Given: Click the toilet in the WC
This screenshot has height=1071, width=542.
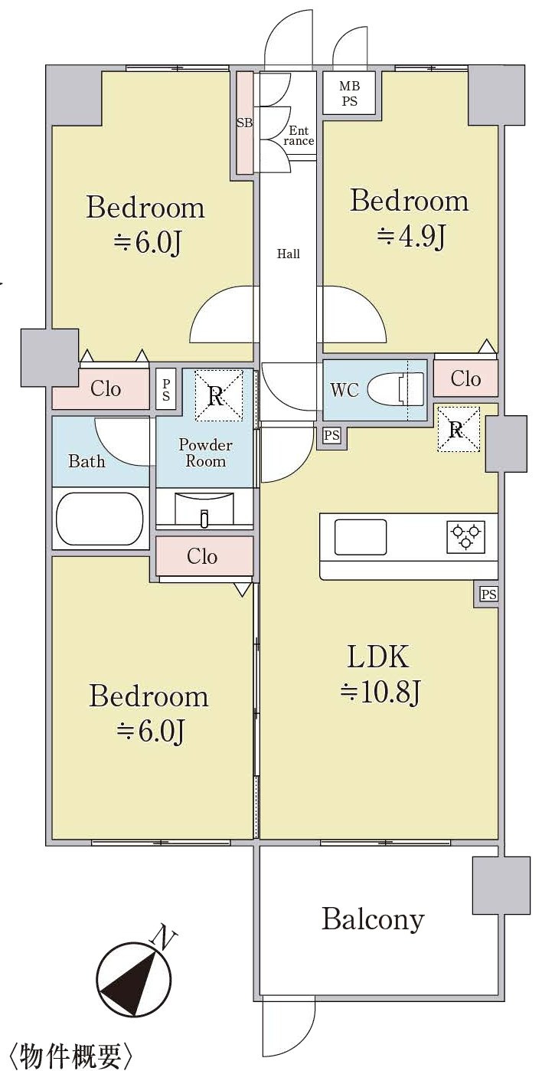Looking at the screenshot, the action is pos(396,388).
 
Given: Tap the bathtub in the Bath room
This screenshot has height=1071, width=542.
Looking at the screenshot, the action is pos(100,519).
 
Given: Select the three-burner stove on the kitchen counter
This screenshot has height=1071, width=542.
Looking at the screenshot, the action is pos(465,535).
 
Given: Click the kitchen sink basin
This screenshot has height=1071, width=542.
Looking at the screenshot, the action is pos(361,536).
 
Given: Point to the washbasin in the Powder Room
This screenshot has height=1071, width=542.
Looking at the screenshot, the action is pos(204,509).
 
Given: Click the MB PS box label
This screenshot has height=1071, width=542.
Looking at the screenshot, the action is pos(349,93).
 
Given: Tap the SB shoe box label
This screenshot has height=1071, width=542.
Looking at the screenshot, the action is pos(245,123).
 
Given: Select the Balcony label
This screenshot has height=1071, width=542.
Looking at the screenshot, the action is pos(373,919).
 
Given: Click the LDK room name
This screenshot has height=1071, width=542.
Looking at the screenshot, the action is pos(377,657).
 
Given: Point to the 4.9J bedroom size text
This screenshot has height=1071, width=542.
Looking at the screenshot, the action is pos(411,236).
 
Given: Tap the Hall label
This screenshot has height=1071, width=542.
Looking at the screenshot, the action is pos(288,254).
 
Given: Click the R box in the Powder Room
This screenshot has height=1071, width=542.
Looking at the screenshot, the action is pos(219,396).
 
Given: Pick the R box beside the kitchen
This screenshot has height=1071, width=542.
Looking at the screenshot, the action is pos(459,429).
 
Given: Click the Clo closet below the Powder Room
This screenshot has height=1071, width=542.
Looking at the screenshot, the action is pos(204,556).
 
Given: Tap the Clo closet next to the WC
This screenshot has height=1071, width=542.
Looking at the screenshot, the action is pos(465,378).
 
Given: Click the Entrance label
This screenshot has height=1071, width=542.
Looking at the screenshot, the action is pos(299,136).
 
